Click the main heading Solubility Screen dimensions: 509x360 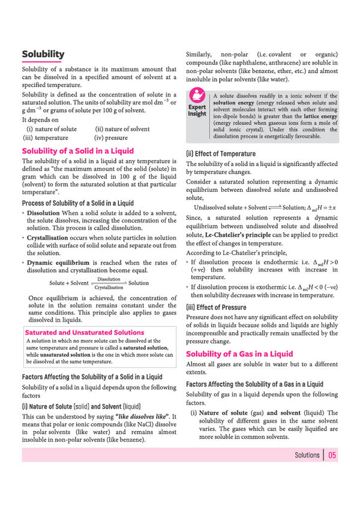[43, 55]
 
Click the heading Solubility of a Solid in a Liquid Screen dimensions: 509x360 [77, 151]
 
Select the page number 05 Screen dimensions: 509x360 [332, 455]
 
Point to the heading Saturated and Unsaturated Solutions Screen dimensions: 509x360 [84, 332]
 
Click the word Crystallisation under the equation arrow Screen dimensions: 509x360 [109, 287]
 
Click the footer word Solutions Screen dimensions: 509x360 [307, 455]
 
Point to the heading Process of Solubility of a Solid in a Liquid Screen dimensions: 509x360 [77, 203]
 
